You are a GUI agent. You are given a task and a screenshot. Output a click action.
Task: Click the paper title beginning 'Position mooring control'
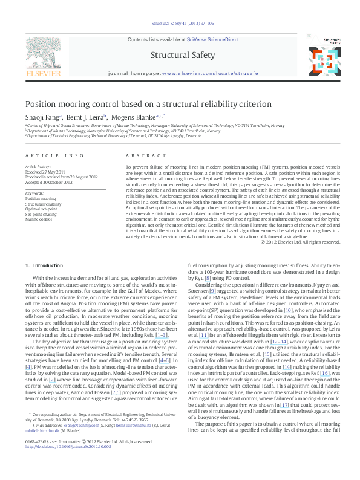(140, 104)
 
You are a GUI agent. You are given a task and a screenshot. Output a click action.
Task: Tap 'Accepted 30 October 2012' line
(47, 182)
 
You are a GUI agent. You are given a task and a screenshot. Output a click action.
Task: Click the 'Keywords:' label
(34, 192)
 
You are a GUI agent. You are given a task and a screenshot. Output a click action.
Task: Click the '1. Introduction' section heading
(45, 266)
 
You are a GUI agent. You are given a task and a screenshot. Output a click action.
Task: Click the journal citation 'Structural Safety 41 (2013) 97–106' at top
(181, 24)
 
